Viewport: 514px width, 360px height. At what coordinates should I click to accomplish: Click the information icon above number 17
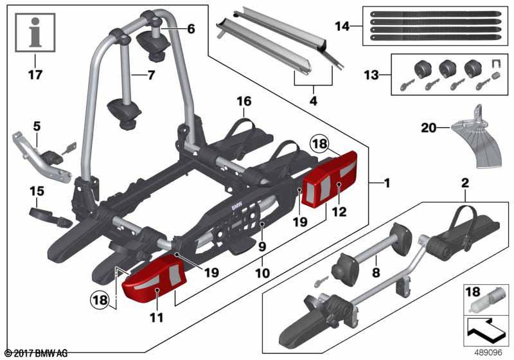click(35, 32)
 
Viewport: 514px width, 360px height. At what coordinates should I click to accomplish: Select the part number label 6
click(191, 29)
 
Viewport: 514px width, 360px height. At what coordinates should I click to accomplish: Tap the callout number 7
click(151, 75)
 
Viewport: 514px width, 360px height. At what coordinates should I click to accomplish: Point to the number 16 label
click(244, 102)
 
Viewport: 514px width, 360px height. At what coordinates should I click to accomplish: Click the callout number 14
click(342, 26)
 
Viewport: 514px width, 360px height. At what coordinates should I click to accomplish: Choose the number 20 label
click(429, 127)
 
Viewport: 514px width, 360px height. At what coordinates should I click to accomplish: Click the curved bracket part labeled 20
click(477, 136)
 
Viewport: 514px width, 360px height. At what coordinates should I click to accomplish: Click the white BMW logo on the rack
click(236, 207)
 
